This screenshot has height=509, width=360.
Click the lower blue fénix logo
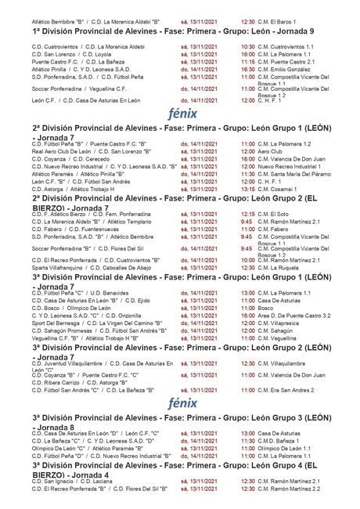point(179,402)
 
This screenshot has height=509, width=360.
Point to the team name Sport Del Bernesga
point(58,321)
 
